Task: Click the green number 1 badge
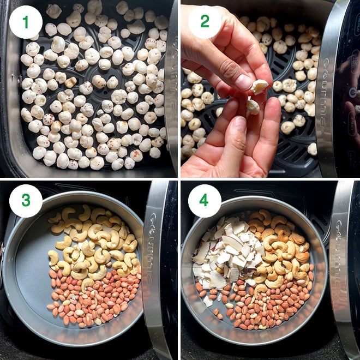coord(26,22)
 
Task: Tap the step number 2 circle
coord(205,22)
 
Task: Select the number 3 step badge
coord(26,200)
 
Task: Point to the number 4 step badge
coord(205,200)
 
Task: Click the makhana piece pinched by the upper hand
coord(259,86)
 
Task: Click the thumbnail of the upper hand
coord(244,81)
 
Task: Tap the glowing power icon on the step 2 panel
coord(353,93)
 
